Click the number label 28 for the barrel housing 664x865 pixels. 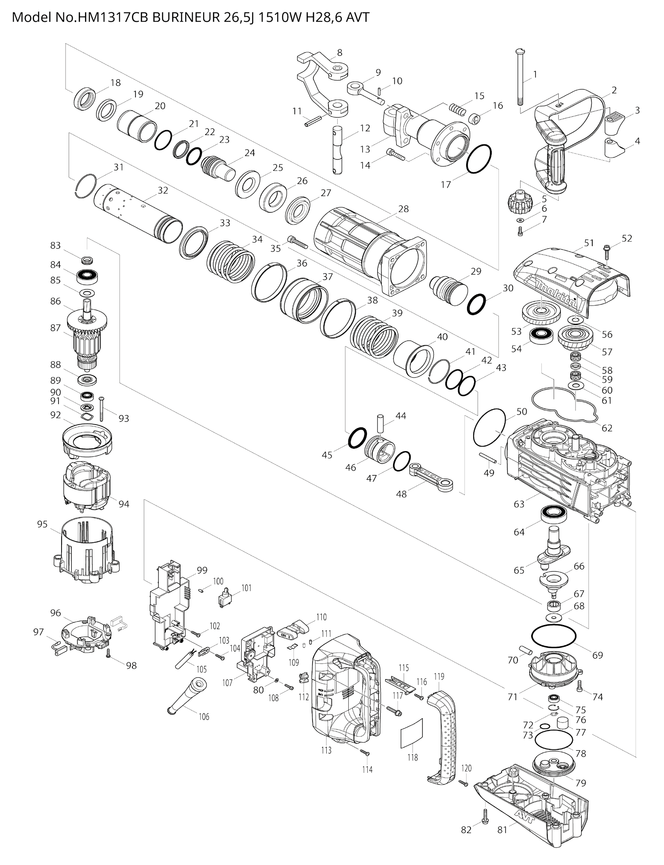pos(403,209)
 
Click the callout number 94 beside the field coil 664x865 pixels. pos(124,504)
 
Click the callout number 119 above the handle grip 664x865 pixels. pos(439,676)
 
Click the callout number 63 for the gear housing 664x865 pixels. pos(519,504)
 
